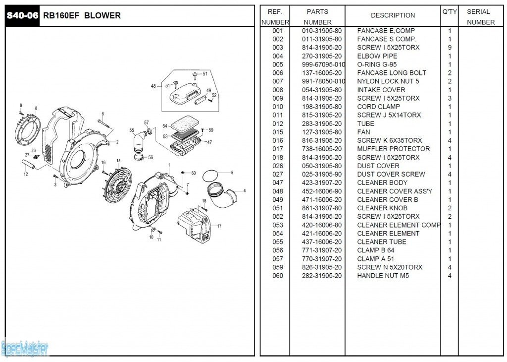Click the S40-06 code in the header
[x=22, y=15]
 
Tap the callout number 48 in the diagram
[x=153, y=86]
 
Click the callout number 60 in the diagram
[x=194, y=173]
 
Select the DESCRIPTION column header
[x=393, y=15]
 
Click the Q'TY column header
[x=450, y=11]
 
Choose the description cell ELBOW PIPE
[x=377, y=56]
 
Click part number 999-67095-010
[x=323, y=64]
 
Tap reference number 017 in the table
[x=278, y=149]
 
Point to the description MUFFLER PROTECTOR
[x=393, y=149]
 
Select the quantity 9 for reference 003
[x=450, y=48]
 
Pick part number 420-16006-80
[x=321, y=225]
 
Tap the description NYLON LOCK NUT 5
[x=388, y=81]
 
